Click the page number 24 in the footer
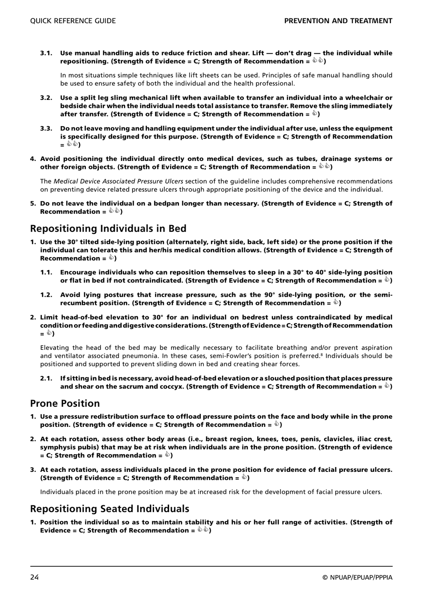pos(34,578)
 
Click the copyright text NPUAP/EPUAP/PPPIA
pos(358,578)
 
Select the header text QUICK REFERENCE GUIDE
pos(73,21)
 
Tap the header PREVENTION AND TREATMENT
pos(338,21)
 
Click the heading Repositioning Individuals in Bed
pos(108,229)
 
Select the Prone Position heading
pos(65,403)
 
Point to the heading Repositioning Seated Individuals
pos(110,509)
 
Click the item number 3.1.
pos(46,53)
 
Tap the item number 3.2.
pos(46,98)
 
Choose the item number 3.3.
pos(46,129)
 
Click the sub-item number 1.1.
pos(46,273)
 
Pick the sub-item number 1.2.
pos(46,295)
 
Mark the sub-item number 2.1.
pos(46,378)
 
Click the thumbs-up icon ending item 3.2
pos(314,114)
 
